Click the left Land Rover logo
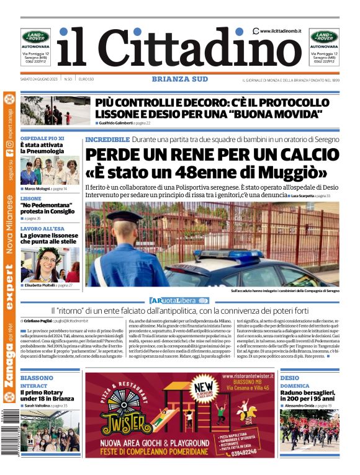pyautogui.click(x=35, y=37)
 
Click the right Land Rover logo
pyautogui.click(x=324, y=37)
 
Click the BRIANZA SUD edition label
pyautogui.click(x=179, y=79)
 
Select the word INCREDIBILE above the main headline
pyautogui.click(x=107, y=140)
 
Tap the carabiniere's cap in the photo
pyautogui.click(x=124, y=216)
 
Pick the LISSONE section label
pyautogui.click(x=31, y=198)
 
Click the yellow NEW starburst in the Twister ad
pyautogui.click(x=207, y=388)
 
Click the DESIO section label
pyautogui.click(x=289, y=378)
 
